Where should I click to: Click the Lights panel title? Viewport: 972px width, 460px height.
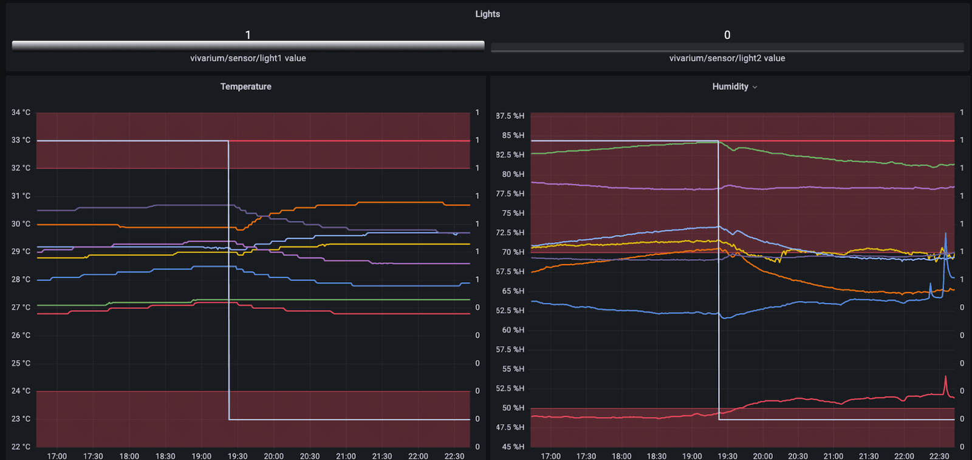pos(487,14)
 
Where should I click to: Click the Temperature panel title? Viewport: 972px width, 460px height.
pos(245,87)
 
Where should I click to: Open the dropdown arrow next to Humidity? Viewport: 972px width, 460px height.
pos(755,87)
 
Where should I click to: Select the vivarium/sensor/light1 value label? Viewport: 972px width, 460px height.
pos(248,58)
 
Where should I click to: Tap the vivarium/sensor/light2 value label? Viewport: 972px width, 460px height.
pos(727,58)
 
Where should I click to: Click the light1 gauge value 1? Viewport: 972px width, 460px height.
pos(248,35)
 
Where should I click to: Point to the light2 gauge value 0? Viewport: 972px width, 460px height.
pos(727,35)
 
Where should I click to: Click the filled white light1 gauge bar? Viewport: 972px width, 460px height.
pos(248,46)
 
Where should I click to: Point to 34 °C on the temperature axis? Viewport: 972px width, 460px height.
pos(21,112)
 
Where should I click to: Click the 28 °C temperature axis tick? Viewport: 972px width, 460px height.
pos(21,280)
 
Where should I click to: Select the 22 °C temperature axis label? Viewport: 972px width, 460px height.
pos(21,447)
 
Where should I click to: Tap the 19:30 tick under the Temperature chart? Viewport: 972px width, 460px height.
pos(238,456)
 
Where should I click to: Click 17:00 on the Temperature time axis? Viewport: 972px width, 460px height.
pos(57,456)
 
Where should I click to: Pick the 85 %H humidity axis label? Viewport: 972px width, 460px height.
pos(513,135)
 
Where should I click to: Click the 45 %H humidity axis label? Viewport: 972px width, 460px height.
pos(513,447)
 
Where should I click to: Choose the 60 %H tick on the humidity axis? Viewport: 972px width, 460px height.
pos(513,330)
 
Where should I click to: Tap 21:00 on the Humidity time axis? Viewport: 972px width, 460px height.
pos(833,456)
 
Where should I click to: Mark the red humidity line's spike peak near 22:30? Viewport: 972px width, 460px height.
pos(945,377)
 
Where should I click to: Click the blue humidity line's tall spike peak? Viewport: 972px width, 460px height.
pos(945,233)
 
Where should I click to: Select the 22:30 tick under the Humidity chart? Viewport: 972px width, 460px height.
pos(939,456)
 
